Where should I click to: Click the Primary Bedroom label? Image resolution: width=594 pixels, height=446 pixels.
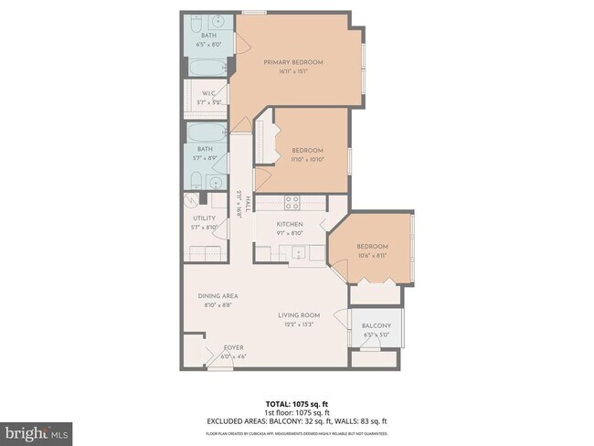(293, 62)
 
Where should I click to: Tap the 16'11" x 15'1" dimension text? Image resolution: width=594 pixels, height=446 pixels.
(293, 71)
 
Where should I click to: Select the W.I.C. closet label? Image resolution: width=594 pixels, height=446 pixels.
(208, 92)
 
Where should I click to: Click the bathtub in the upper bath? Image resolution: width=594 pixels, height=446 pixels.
(209, 68)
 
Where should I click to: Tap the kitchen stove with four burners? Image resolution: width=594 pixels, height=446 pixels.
(292, 204)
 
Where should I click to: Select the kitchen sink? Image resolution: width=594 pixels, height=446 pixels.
(297, 253)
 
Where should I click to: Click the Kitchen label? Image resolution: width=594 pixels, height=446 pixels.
(290, 224)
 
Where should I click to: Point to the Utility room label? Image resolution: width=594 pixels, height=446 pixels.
(204, 218)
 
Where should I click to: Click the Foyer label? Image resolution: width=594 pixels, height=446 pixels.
(234, 348)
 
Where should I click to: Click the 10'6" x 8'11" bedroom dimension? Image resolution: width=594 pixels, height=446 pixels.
(372, 255)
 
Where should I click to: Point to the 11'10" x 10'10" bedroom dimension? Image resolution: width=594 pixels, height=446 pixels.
(307, 159)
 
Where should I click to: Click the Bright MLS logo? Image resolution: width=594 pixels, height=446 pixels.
(37, 430)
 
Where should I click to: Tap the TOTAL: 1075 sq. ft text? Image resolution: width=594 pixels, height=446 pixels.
(297, 402)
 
